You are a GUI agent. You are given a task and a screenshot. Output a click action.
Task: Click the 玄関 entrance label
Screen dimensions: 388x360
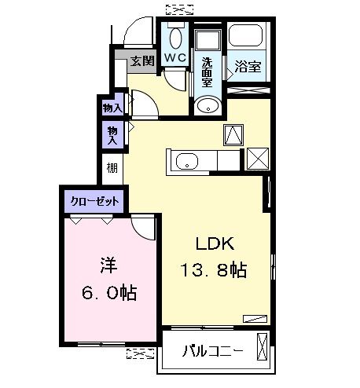point(142,61)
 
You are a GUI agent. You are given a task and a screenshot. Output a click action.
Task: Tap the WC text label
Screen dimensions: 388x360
point(174,58)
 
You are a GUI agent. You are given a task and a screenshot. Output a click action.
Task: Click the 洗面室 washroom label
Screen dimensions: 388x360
point(207,72)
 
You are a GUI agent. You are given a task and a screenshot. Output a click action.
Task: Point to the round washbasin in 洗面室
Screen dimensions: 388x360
point(208,106)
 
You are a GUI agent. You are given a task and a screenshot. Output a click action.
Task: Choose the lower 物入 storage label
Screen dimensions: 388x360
point(112,135)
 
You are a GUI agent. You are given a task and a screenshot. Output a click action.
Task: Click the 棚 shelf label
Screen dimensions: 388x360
point(112,167)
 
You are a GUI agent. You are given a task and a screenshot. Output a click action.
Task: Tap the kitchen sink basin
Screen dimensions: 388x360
point(186,163)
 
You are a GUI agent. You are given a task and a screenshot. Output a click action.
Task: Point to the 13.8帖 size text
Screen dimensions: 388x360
point(214,272)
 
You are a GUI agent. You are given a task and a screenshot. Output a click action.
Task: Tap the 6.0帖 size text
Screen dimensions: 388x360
point(108,293)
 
